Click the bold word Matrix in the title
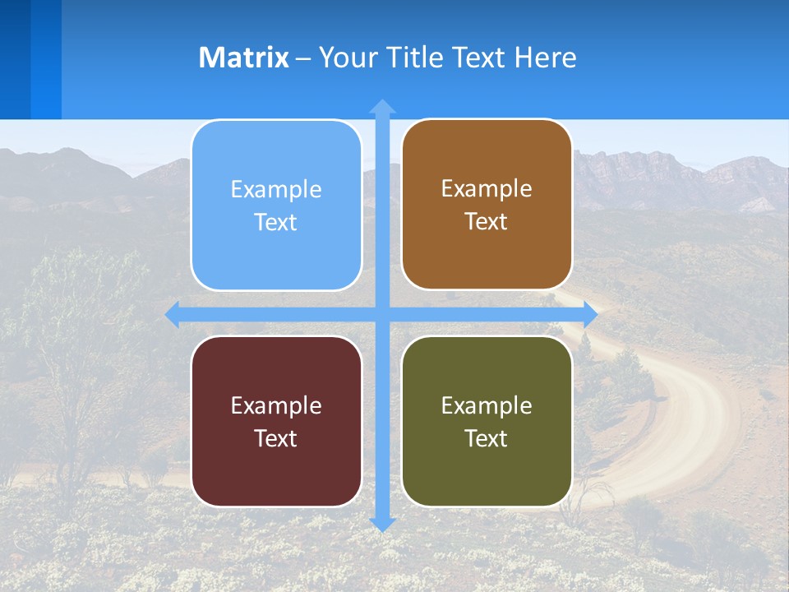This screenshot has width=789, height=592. coord(244,58)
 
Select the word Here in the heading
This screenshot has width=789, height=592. coord(545,58)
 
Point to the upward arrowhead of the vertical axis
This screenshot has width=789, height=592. coord(382,106)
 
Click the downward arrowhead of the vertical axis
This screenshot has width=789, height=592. coord(382,524)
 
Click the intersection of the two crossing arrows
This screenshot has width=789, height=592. coord(382,314)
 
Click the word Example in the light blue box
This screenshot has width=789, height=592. coord(276,190)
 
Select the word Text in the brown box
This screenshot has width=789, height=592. coord(487,222)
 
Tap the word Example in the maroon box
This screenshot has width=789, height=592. coord(276,405)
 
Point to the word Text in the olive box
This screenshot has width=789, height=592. coord(487,438)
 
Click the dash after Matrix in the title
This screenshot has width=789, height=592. coord(303,58)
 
